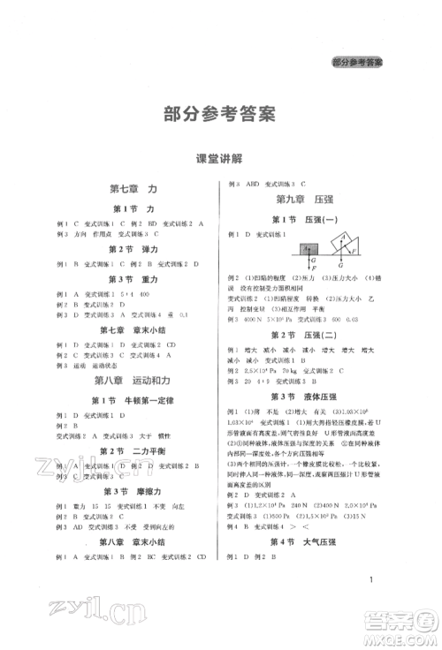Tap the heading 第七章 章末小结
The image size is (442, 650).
pos(131,330)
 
